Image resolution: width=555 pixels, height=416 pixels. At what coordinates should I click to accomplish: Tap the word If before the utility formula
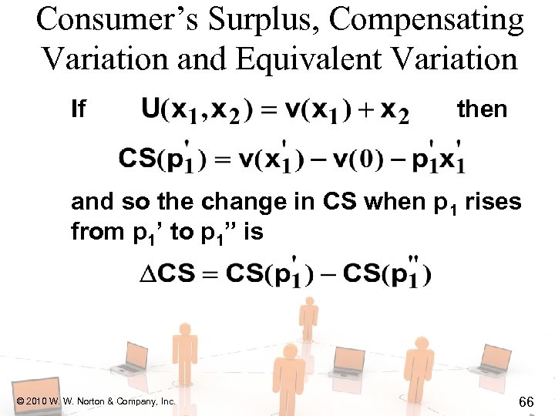pos(78,110)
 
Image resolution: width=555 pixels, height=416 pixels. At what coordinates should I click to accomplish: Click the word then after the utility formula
pos(482,109)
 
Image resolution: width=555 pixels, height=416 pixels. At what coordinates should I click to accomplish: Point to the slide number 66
pos(527,401)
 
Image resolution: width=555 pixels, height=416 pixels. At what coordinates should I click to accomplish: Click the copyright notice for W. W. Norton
pos(96,401)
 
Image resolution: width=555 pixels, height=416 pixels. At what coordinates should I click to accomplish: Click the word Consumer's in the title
pos(113,20)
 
